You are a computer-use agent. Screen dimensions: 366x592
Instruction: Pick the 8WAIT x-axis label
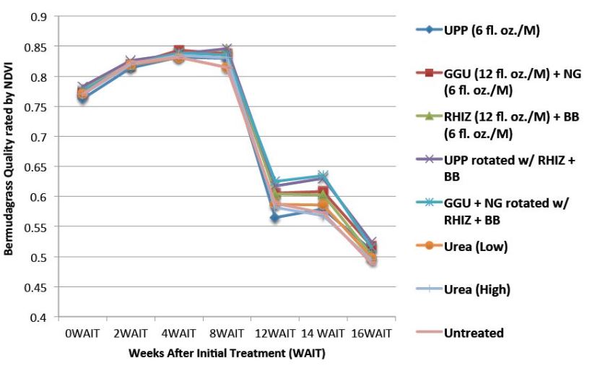coord(227,333)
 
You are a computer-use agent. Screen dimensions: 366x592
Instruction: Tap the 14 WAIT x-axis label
coord(323,333)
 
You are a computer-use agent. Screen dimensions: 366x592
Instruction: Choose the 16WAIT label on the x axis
coord(371,333)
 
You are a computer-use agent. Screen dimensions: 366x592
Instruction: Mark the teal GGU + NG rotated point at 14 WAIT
coord(323,176)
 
